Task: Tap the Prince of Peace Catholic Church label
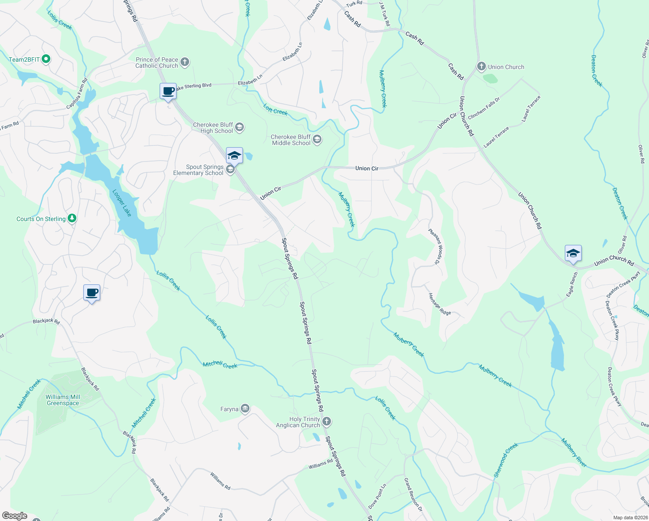[x=157, y=63]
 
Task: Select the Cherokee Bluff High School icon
[x=239, y=128]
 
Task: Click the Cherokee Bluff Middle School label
[x=291, y=140]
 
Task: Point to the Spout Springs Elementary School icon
[x=230, y=170]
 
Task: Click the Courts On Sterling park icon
[x=72, y=219]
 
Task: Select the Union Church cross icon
[x=481, y=67]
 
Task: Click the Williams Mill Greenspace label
[x=63, y=400]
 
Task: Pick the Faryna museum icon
[x=245, y=409]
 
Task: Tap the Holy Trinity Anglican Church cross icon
[x=327, y=422]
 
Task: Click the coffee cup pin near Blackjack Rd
[x=92, y=293]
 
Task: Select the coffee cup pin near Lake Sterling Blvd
[x=168, y=92]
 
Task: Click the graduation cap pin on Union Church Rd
[x=573, y=254]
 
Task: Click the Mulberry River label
[x=574, y=453]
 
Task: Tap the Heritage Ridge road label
[x=439, y=304]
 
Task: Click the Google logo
[x=15, y=516]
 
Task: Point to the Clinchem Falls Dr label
[x=484, y=108]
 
